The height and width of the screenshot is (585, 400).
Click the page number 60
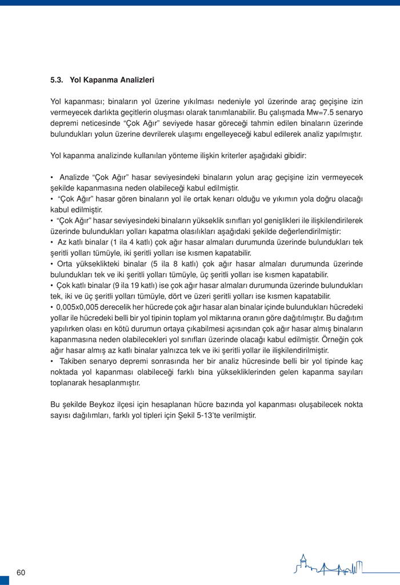click(x=21, y=572)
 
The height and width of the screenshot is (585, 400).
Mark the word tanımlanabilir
click(x=231, y=112)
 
